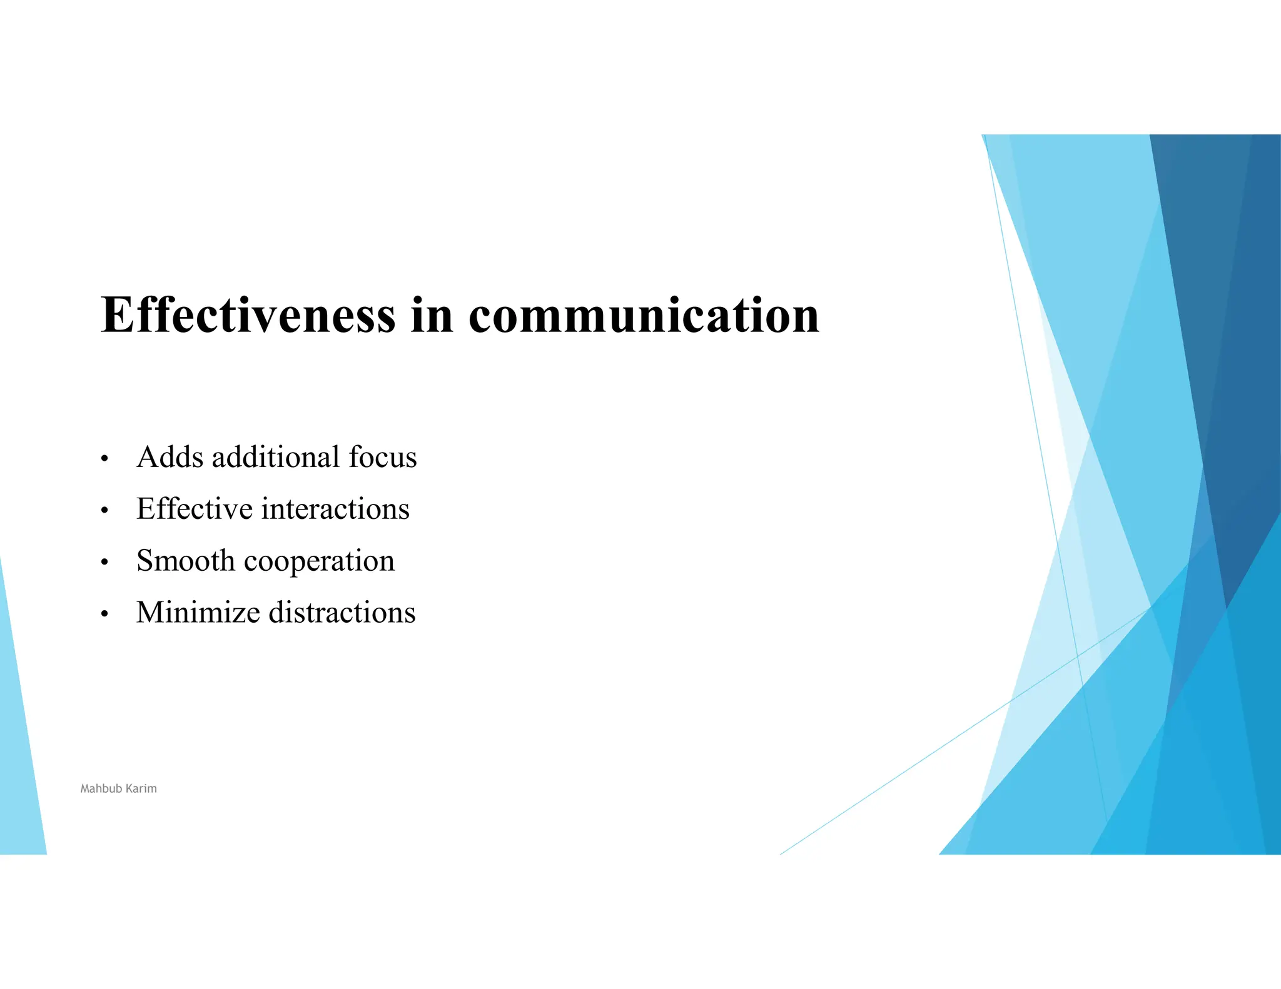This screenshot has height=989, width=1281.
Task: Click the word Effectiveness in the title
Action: [x=248, y=314]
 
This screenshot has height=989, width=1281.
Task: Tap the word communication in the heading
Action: [x=644, y=316]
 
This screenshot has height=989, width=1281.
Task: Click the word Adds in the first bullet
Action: [x=170, y=457]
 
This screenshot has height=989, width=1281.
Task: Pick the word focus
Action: [x=383, y=457]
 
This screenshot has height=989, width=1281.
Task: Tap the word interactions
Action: [x=335, y=509]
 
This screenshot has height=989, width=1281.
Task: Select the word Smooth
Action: [x=186, y=561]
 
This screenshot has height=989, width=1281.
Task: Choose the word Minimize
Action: [x=198, y=613]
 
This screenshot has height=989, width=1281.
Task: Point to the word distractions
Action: [x=342, y=613]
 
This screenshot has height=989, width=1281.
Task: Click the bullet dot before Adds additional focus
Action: [x=104, y=459]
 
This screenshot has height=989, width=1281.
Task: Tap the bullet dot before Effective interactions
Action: [x=104, y=511]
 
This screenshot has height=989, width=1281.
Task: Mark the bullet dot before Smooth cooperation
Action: [x=104, y=563]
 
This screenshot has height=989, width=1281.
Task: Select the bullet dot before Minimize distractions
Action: [x=104, y=615]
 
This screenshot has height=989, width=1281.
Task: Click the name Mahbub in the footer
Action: [x=101, y=789]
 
